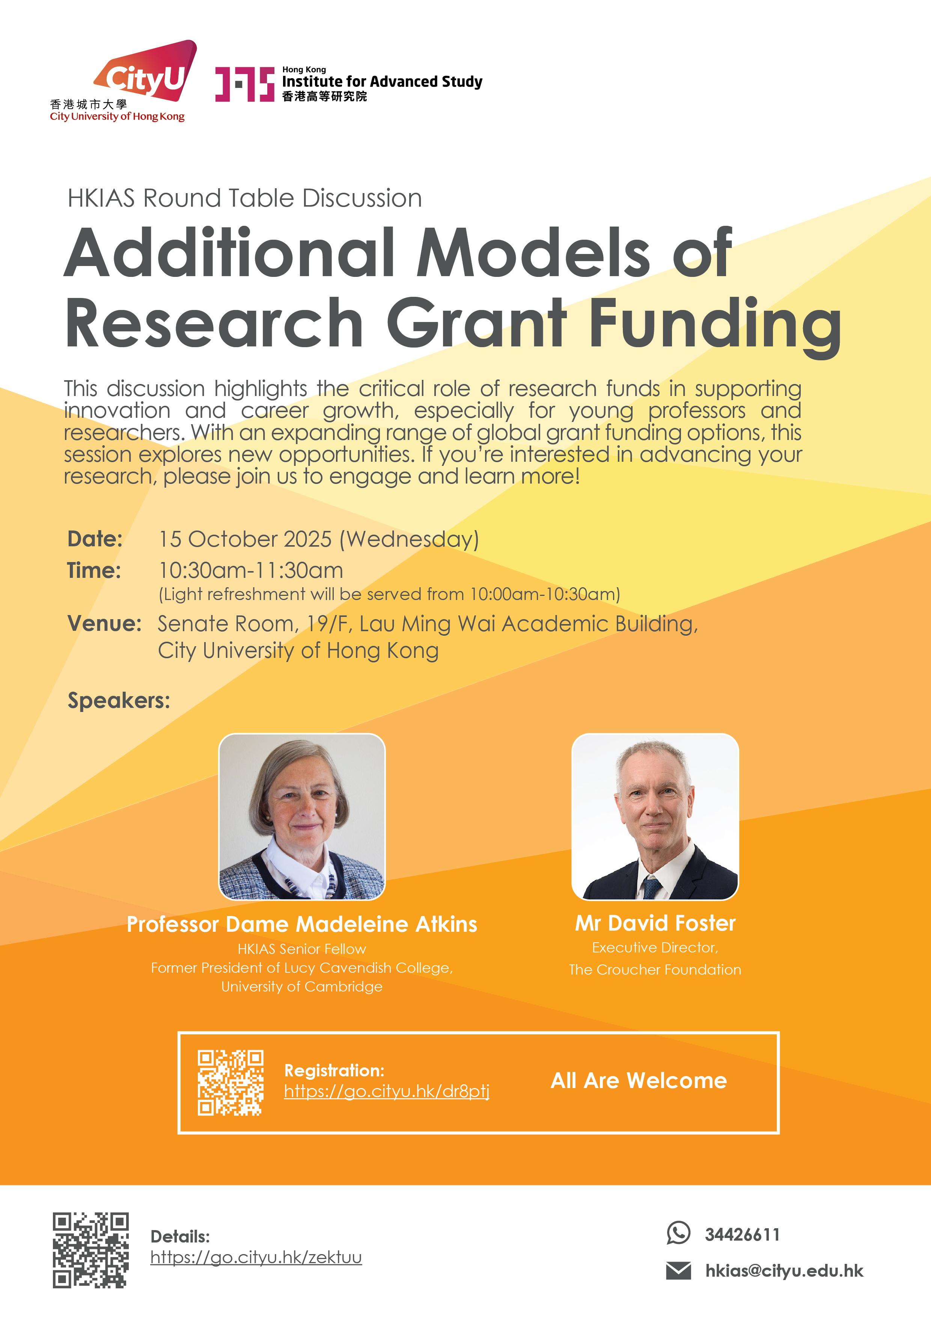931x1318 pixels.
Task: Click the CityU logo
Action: [x=124, y=81]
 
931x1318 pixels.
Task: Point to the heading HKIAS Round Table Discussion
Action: [x=245, y=198]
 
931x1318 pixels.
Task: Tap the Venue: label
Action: [x=104, y=623]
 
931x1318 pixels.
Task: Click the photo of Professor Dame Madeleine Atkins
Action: [x=302, y=816]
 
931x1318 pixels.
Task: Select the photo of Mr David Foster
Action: [x=655, y=816]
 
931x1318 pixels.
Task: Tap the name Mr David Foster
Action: [x=655, y=923]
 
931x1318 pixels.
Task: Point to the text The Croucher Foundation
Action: [x=655, y=970]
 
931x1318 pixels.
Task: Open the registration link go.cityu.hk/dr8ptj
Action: [x=387, y=1091]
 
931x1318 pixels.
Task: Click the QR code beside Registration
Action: [x=230, y=1083]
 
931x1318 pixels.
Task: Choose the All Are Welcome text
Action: [x=639, y=1080]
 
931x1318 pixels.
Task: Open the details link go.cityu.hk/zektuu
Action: [x=256, y=1257]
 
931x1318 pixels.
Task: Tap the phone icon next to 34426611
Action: [x=679, y=1232]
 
